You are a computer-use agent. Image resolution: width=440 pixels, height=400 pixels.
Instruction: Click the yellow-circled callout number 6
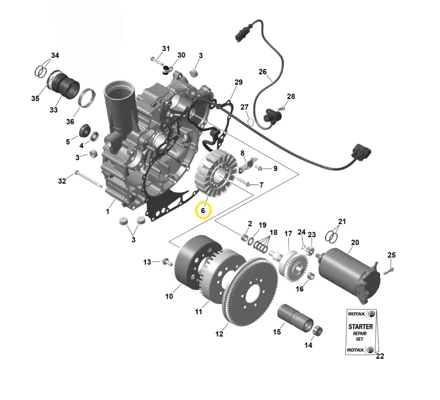[x=203, y=210]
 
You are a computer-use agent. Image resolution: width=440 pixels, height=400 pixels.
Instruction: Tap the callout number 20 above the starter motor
[x=355, y=242]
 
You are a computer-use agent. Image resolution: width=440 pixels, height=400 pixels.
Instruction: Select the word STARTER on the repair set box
[x=361, y=327]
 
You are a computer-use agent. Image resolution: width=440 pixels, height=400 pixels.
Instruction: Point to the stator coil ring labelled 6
[x=216, y=173]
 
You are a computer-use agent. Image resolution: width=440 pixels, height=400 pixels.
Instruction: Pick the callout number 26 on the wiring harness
[x=263, y=72]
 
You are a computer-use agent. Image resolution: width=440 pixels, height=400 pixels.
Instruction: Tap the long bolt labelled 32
[x=88, y=179]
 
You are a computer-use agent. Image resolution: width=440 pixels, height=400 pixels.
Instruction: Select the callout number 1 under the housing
[x=107, y=211]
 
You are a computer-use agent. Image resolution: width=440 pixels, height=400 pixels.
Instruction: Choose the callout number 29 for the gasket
[x=239, y=82]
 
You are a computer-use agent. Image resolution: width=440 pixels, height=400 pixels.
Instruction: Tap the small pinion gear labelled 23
[x=310, y=250]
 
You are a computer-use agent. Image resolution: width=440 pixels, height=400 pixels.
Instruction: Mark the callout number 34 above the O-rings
[x=55, y=55]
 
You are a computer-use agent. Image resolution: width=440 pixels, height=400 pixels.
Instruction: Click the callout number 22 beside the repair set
[x=380, y=356]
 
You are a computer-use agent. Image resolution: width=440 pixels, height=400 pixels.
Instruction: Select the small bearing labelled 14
[x=318, y=330]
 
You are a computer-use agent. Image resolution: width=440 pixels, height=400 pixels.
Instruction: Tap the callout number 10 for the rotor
[x=169, y=296]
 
